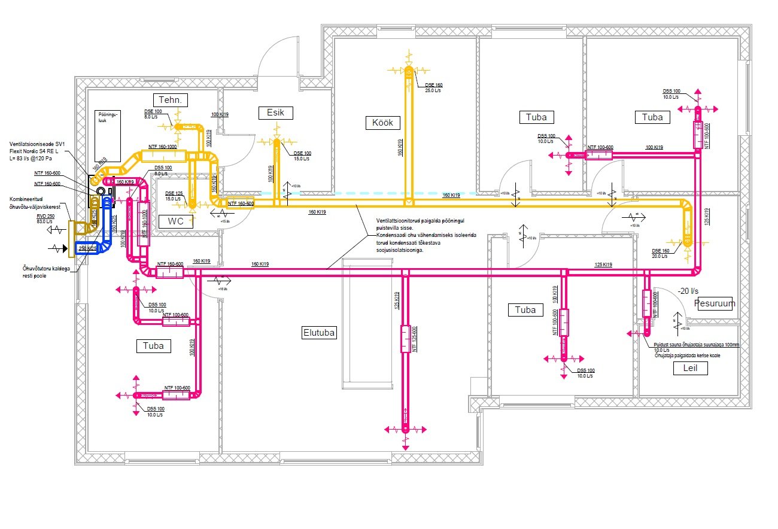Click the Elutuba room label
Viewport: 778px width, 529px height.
point(319,333)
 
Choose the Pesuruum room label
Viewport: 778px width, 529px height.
point(715,303)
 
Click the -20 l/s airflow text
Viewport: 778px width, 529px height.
point(688,291)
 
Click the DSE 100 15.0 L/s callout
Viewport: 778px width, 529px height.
point(302,156)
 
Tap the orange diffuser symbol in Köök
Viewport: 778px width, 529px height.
point(408,72)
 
